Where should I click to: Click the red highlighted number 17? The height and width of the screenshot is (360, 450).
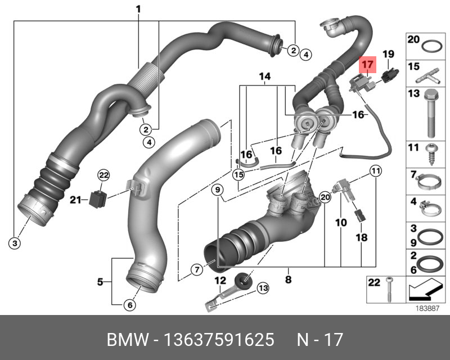(367, 65)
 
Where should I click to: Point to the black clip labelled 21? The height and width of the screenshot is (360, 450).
(98, 199)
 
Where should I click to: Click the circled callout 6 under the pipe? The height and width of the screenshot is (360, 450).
(129, 305)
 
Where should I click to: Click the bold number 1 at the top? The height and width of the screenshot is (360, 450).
(138, 8)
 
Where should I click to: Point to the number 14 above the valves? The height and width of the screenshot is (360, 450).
(264, 76)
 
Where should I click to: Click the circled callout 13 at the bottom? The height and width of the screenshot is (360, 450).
(263, 288)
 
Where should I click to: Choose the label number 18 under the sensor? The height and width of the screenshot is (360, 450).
(361, 238)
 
